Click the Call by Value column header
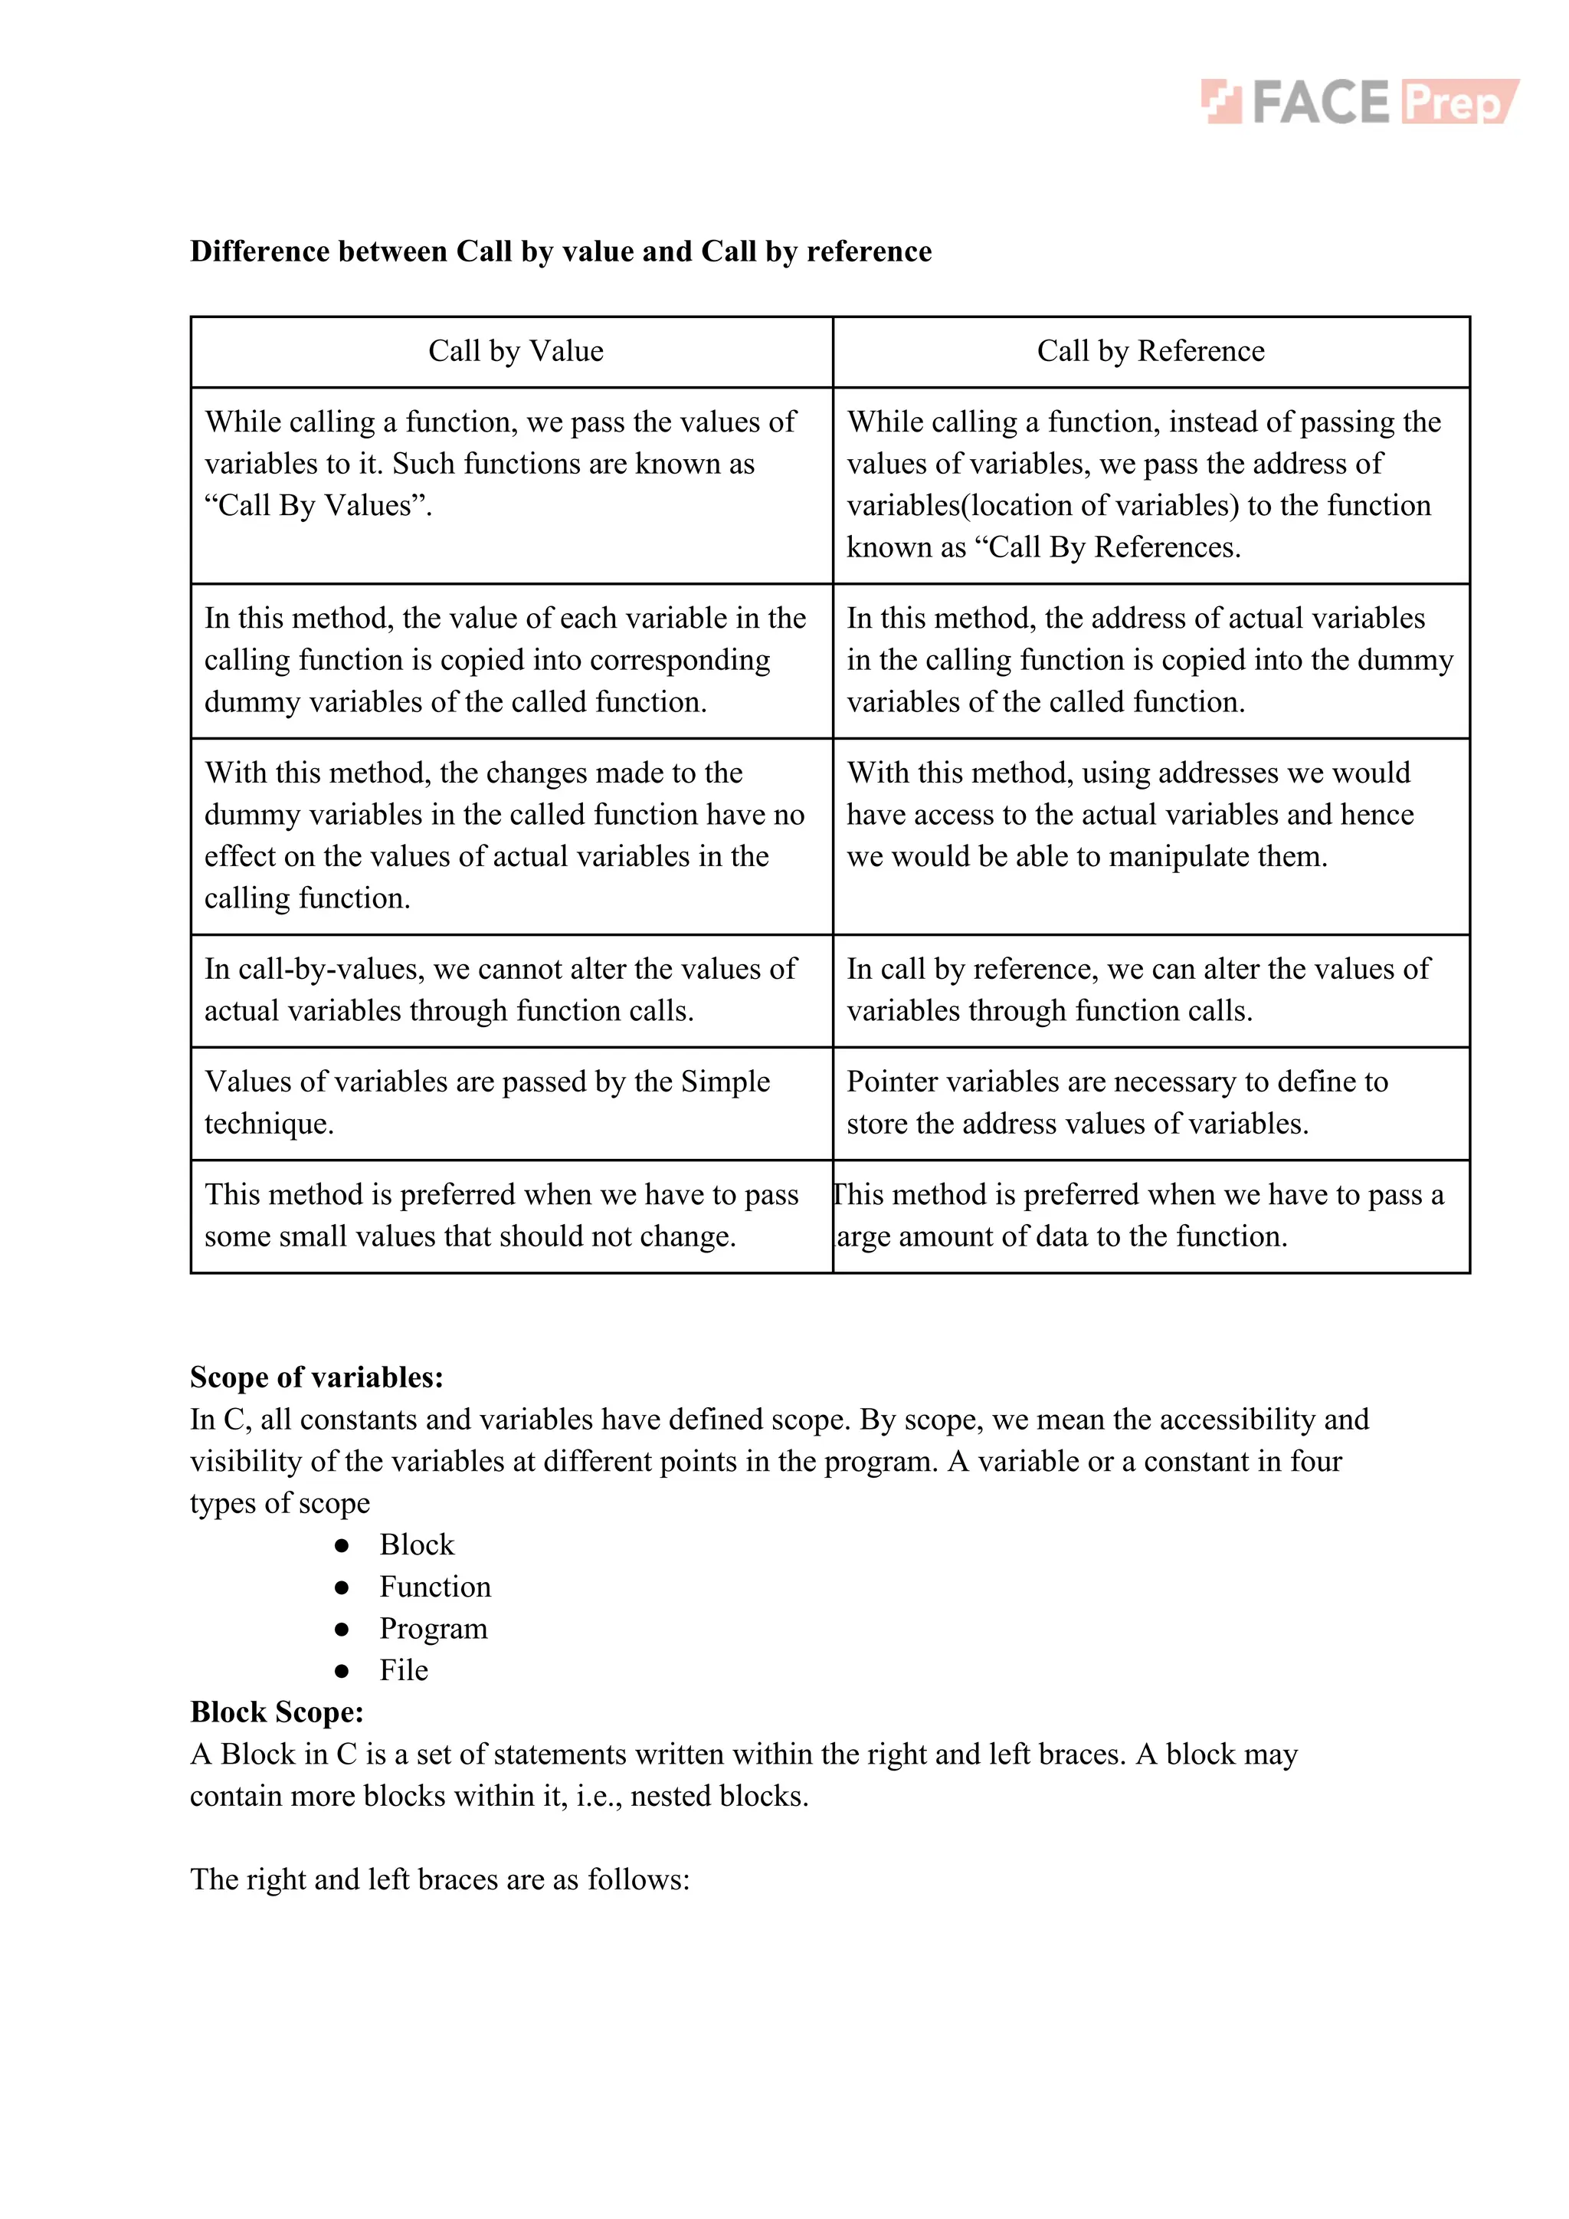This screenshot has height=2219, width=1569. pyautogui.click(x=516, y=351)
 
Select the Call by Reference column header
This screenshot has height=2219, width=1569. pyautogui.click(x=1150, y=351)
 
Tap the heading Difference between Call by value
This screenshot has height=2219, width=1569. pyautogui.click(x=560, y=251)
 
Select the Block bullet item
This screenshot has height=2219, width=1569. pyautogui.click(x=417, y=1544)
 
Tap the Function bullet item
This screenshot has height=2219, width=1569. pyautogui.click(x=434, y=1587)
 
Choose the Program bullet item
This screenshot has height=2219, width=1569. pyautogui.click(x=433, y=1629)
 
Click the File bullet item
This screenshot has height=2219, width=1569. pyautogui.click(x=404, y=1670)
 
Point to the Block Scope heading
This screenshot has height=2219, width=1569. pyautogui.click(x=277, y=1712)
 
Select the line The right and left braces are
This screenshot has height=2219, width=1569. pyautogui.click(x=440, y=1879)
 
